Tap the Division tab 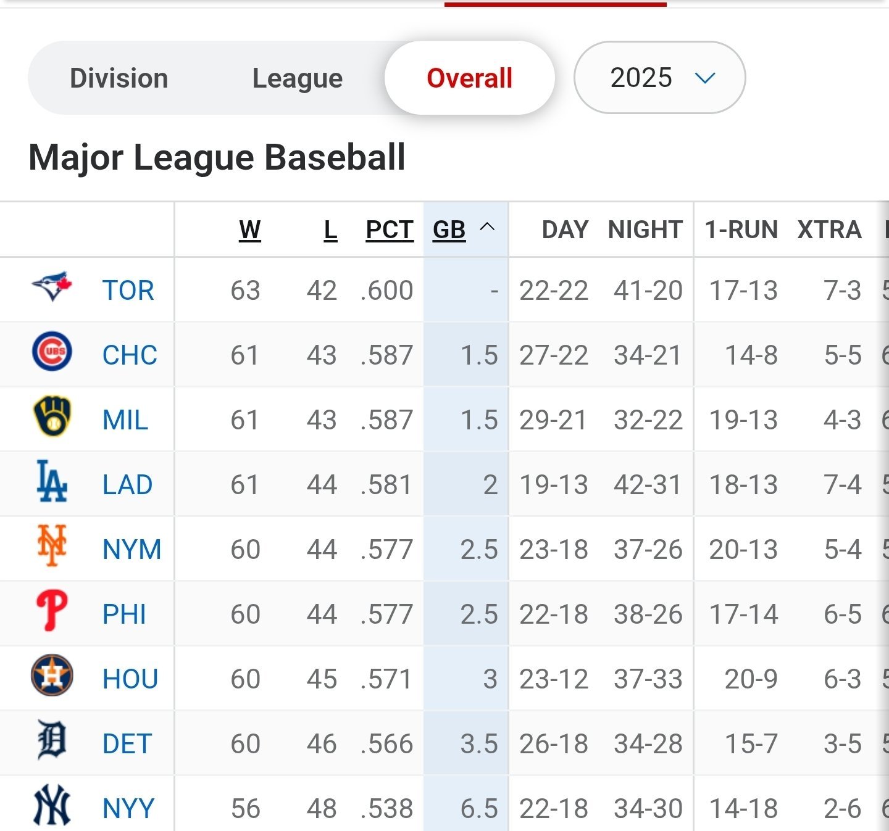coord(119,78)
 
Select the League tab coord(297,78)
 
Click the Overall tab coord(469,78)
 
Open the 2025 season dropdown coord(659,78)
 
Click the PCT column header coord(389,229)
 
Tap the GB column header coord(449,229)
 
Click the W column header coord(249,229)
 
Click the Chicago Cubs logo coord(52,352)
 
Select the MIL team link coord(125,420)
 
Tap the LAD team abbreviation coord(127,485)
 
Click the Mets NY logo coord(52,546)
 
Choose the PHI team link coord(124,614)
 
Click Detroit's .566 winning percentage coord(387,744)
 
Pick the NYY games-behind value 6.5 coord(479,809)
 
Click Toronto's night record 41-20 coord(648,291)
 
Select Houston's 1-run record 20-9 coord(751,679)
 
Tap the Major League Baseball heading coord(217,157)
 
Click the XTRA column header coord(828,229)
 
